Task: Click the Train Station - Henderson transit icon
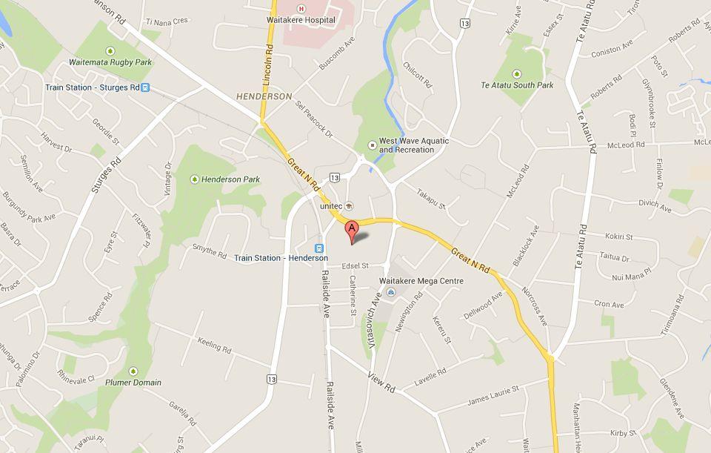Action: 319,248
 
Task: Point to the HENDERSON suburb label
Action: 264,96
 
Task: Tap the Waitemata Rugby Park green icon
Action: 110,51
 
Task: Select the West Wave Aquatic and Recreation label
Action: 406,145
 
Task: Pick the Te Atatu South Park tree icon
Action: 516,74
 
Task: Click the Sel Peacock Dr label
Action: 314,120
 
